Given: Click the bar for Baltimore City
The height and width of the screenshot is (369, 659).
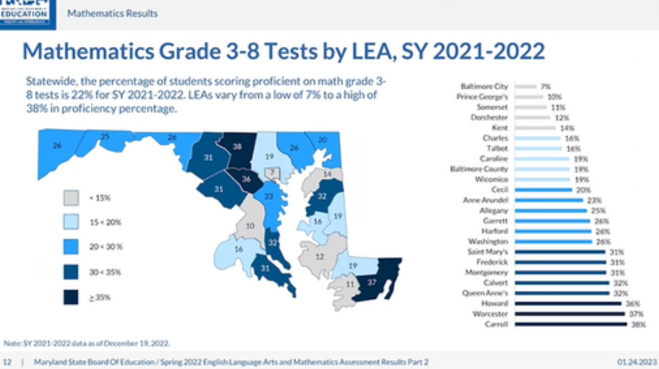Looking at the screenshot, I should click(x=526, y=87).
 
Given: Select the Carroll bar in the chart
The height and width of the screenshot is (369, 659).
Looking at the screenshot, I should click(x=571, y=324).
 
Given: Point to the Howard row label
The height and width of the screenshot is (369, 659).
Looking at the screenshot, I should click(x=496, y=303).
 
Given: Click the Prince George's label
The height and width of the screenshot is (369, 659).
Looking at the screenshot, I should click(x=483, y=97).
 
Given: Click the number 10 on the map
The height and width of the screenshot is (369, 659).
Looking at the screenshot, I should click(x=250, y=226).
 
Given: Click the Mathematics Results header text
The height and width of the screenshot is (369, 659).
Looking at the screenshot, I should click(x=112, y=13).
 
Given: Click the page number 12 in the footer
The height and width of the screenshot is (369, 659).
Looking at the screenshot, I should click(x=8, y=363).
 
